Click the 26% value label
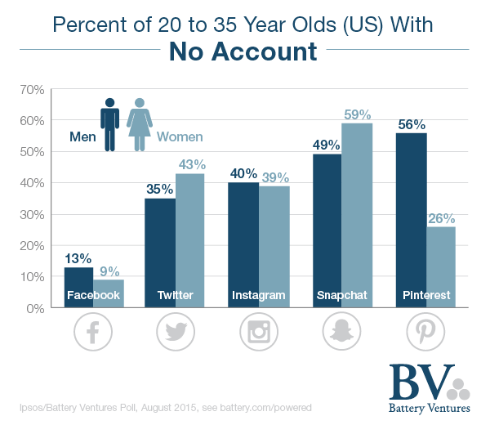[x=441, y=218]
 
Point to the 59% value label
[x=358, y=114]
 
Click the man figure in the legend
[x=109, y=124]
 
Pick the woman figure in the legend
[x=140, y=124]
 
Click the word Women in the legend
[x=180, y=137]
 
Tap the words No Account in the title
[x=243, y=53]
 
